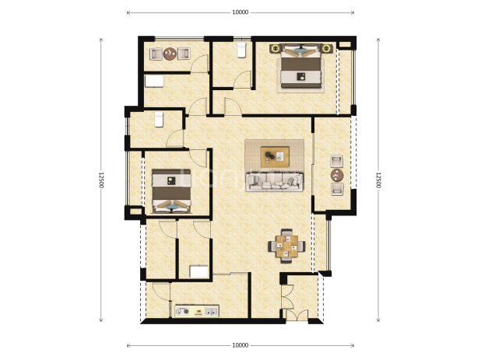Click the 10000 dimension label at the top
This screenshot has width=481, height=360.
[240, 12]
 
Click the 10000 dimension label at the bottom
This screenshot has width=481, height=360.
[240, 345]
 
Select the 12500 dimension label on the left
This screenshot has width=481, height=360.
[101, 180]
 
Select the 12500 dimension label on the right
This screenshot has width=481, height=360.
[378, 180]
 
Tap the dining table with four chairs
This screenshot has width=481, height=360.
[287, 246]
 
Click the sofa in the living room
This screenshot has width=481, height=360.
[275, 182]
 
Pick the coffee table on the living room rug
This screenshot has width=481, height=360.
[275, 156]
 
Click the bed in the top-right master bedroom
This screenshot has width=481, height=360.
[301, 67]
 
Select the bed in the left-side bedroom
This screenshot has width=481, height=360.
[171, 190]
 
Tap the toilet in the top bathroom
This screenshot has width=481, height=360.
[242, 50]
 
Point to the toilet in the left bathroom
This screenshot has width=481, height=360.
[159, 120]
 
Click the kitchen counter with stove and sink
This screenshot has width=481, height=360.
[197, 311]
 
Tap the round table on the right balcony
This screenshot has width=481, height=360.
[337, 175]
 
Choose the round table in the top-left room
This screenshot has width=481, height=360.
[170, 54]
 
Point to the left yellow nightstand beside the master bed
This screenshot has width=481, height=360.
[276, 48]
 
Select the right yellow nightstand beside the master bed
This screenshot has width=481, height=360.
[327, 48]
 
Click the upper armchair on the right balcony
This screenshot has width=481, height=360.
[337, 161]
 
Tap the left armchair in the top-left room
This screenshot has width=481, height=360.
[156, 54]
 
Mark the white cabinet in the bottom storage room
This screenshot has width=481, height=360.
[198, 272]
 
